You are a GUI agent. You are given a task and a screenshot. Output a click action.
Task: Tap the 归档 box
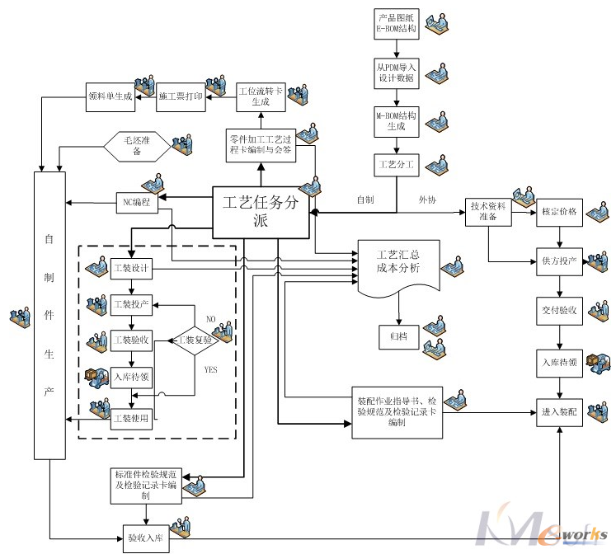pos(398,336)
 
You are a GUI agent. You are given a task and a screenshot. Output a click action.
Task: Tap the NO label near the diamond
pos(210,318)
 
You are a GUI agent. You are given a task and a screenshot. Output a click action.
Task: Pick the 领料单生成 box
pos(111,96)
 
